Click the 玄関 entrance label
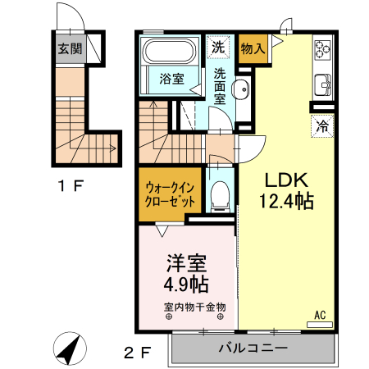(x=69, y=48)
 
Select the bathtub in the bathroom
(x=167, y=54)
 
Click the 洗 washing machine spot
(x=218, y=48)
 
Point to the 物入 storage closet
(x=253, y=48)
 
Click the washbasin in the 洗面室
(x=243, y=90)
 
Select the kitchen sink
(x=321, y=84)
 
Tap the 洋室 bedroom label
(x=186, y=263)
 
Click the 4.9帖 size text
(x=186, y=285)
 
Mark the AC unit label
(x=320, y=314)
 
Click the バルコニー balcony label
(x=253, y=348)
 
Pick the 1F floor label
(x=70, y=185)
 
